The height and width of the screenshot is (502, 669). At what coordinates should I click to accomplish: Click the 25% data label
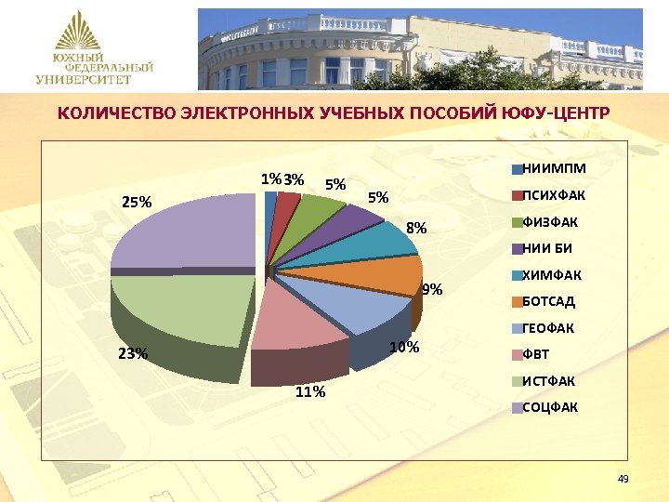tap(138, 202)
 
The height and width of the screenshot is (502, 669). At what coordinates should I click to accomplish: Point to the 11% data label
tap(309, 391)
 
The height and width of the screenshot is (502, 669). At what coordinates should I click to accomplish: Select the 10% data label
tap(404, 348)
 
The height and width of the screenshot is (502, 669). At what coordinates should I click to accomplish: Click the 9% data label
tap(431, 290)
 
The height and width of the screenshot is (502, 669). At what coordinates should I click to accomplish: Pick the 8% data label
tap(417, 227)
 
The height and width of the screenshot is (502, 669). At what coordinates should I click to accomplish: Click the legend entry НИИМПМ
tap(547, 169)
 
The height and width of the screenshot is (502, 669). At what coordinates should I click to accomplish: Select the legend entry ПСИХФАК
tap(549, 195)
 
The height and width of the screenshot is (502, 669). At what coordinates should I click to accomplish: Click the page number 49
tap(623, 479)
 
